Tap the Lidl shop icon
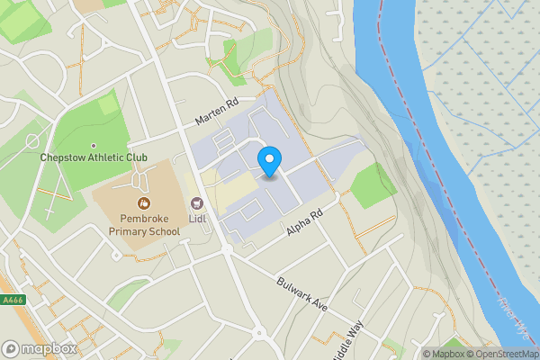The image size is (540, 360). (x=196, y=202)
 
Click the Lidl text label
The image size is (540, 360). (x=197, y=218)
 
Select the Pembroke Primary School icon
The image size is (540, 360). (x=144, y=203)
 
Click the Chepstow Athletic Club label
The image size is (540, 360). (x=94, y=157)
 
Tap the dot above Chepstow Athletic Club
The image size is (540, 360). (x=94, y=145)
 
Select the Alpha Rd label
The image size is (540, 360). (x=303, y=222)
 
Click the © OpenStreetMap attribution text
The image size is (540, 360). (x=502, y=354)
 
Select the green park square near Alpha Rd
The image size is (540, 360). (x=373, y=186)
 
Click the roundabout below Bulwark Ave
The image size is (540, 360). (x=261, y=334)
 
